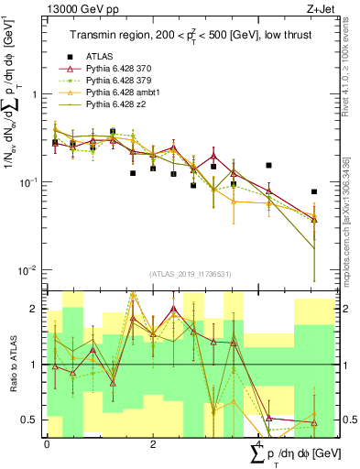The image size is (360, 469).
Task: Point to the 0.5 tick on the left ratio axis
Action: point(31,420)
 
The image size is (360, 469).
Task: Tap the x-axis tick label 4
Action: point(258,444)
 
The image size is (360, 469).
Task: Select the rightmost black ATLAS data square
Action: point(314,192)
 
